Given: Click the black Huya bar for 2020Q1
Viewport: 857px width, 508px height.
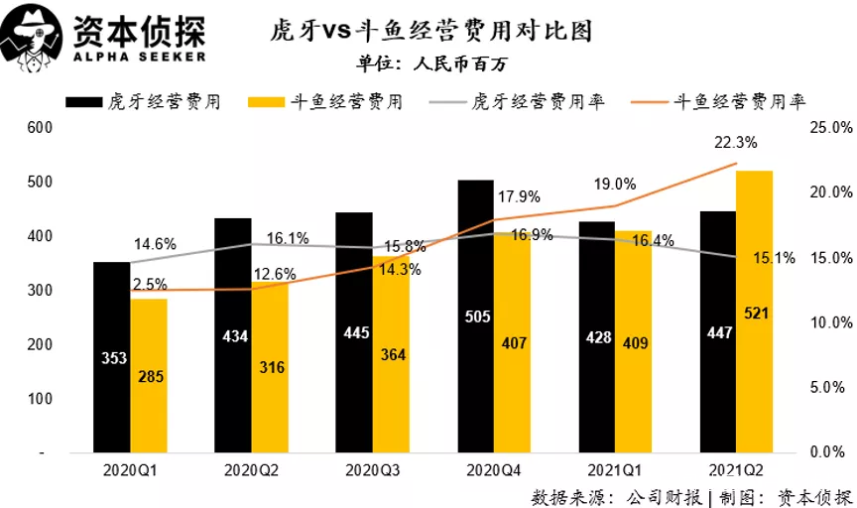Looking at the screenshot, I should (x=112, y=357).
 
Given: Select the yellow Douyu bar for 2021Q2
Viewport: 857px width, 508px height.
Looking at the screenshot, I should (x=753, y=312).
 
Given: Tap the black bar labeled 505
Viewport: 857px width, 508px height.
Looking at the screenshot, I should (x=475, y=317).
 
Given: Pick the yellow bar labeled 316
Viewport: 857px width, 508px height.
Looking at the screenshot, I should (x=271, y=367).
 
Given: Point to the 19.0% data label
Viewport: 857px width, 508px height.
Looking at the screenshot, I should (x=615, y=184).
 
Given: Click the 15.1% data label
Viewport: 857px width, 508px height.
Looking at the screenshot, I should (x=776, y=259).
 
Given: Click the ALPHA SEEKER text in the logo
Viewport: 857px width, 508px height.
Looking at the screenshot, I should (x=140, y=57).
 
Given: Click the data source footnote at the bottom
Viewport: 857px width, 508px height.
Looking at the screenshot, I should (x=692, y=496).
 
